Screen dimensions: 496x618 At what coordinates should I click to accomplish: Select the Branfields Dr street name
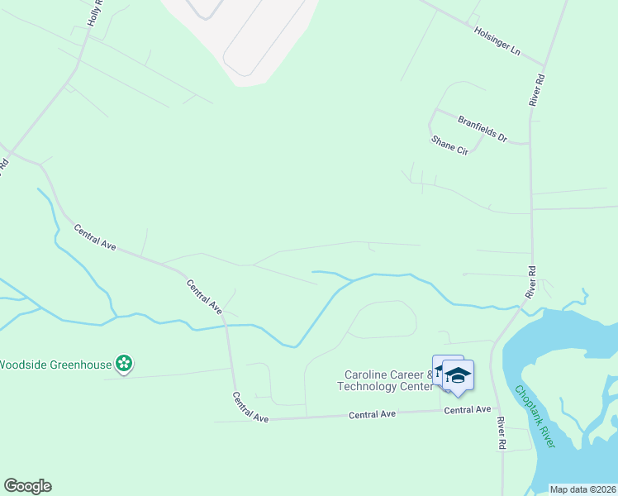(x=482, y=124)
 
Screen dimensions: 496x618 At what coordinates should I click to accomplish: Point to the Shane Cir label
(x=449, y=145)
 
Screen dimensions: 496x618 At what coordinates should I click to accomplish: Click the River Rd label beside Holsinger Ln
(x=538, y=89)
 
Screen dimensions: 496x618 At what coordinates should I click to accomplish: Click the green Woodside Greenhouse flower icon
(x=124, y=363)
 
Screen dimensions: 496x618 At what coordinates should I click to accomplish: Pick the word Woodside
(x=18, y=364)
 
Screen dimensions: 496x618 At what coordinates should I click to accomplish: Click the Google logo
(x=27, y=486)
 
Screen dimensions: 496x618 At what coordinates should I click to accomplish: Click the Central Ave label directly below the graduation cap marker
(x=468, y=409)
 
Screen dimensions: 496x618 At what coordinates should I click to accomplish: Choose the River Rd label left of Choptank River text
(x=501, y=433)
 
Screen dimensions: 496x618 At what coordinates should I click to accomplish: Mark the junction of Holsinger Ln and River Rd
(x=544, y=64)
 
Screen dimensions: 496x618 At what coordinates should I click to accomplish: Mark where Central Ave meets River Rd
(x=493, y=408)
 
